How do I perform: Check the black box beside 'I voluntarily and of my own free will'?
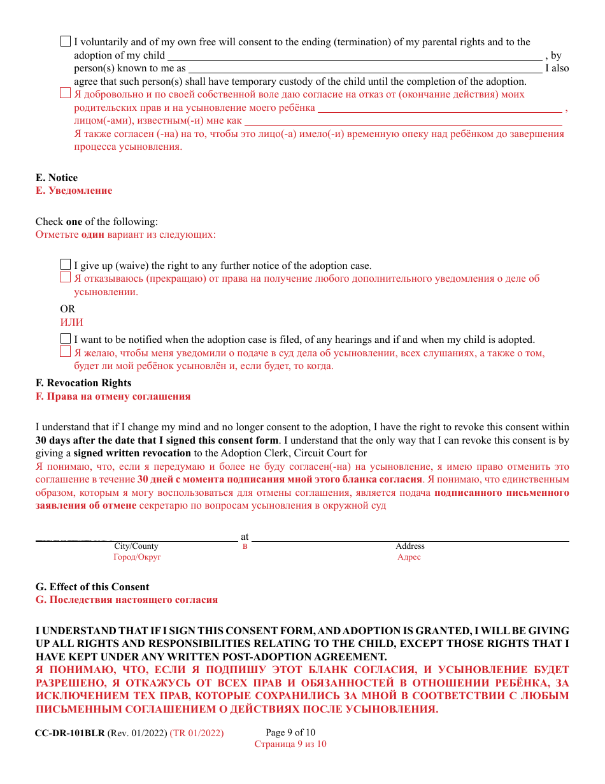pos(66,41)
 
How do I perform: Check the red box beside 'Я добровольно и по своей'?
pos(66,93)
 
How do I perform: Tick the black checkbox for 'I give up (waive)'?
pos(66,265)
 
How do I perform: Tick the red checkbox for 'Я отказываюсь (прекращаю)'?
pos(66,277)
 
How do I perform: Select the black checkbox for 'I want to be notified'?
pos(66,338)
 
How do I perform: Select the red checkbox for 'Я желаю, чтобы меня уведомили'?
pos(66,352)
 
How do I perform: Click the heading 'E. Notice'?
pos(57,178)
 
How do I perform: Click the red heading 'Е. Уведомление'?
pos(74,191)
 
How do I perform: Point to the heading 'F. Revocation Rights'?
pos(83,383)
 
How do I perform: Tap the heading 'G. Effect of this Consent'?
pos(92,587)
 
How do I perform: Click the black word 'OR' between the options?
pos(68,309)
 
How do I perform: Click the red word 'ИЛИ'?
pos(71,323)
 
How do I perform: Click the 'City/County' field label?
pos(136,546)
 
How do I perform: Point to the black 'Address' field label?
pos(410,546)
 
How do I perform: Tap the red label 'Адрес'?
pos(409,557)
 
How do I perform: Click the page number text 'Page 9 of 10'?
pos(290,733)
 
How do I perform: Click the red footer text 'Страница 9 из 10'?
pos(290,744)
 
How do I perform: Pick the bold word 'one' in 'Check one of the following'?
pos(74,222)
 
